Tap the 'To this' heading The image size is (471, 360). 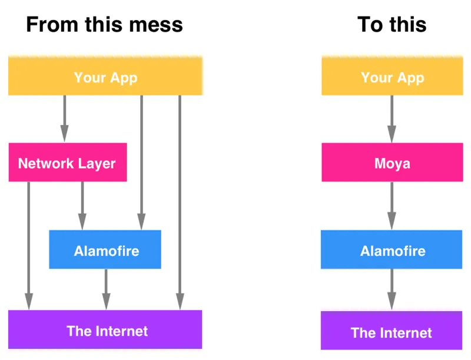click(x=392, y=24)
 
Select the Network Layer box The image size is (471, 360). click(x=68, y=162)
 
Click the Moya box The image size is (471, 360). click(x=392, y=162)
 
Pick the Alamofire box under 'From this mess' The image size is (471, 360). click(x=105, y=249)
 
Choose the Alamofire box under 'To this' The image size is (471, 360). click(x=392, y=249)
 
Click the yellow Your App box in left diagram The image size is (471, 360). click(x=105, y=76)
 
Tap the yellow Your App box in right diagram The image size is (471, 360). click(x=392, y=76)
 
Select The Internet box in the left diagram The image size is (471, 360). click(x=105, y=329)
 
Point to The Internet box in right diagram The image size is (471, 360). click(x=392, y=331)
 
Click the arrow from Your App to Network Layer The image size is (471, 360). click(x=64, y=118)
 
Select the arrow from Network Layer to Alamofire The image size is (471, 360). click(x=82, y=206)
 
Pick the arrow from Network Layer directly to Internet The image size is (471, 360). click(x=29, y=246)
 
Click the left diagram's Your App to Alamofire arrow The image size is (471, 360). click(x=141, y=163)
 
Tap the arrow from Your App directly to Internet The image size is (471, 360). click(x=180, y=203)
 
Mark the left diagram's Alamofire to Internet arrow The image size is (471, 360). click(x=106, y=289)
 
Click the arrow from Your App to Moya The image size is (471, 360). click(x=392, y=119)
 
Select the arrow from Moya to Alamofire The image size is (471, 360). click(x=392, y=206)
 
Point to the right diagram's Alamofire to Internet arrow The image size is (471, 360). click(x=392, y=289)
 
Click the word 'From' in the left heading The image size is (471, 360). click(x=52, y=25)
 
